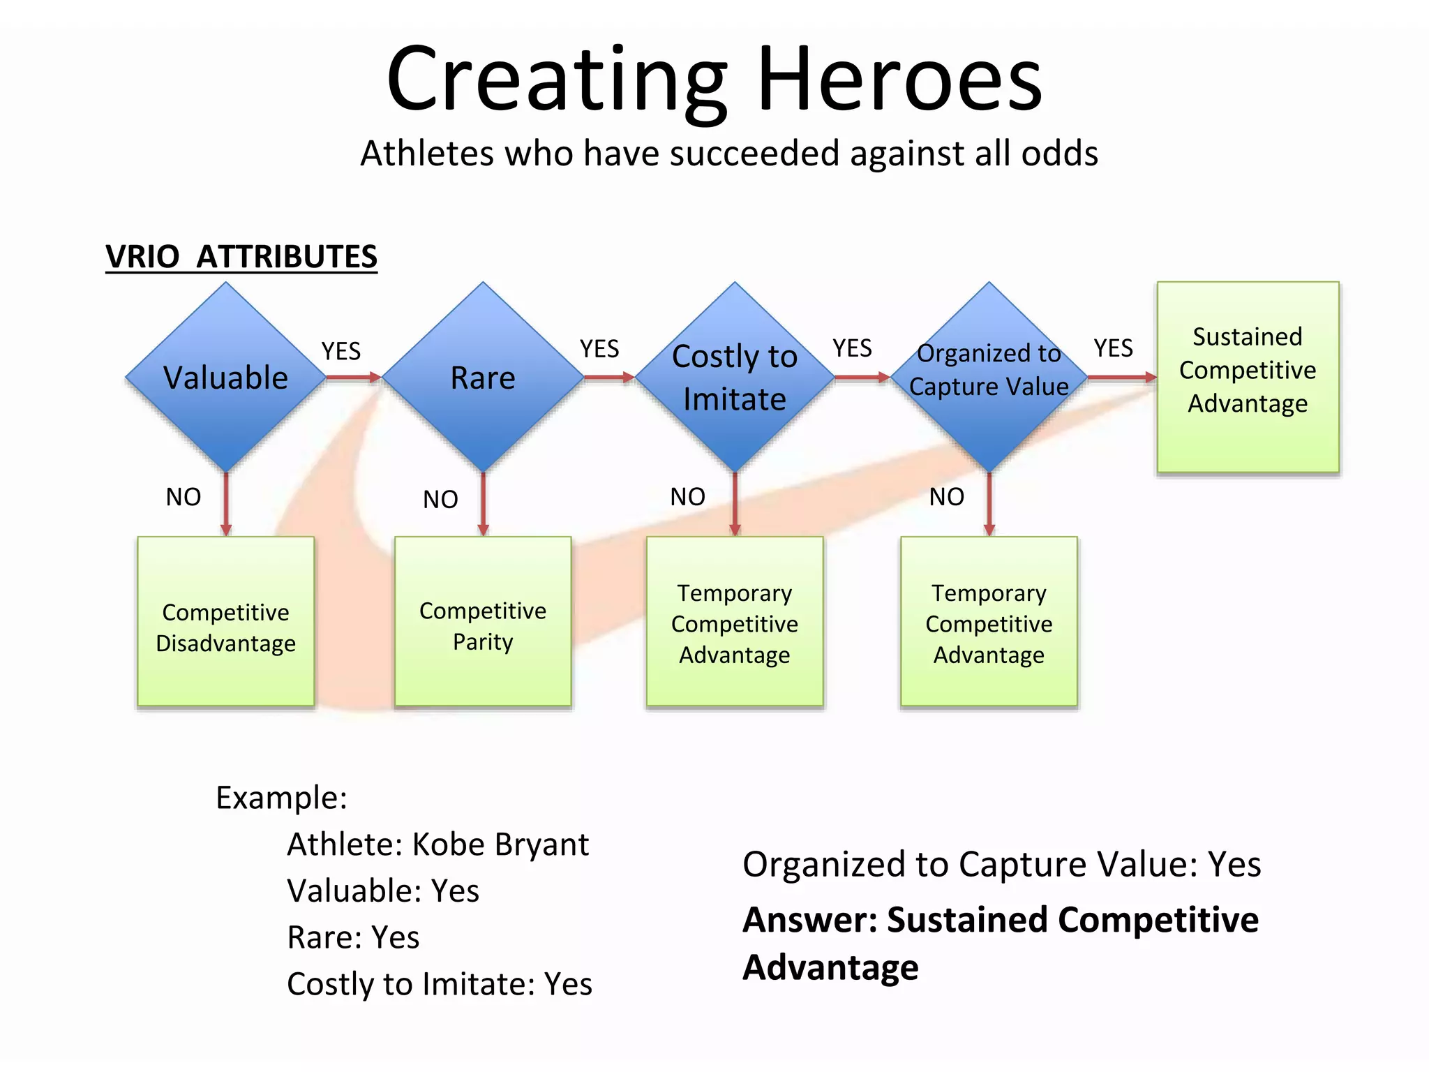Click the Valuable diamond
tap(225, 378)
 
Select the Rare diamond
tap(483, 378)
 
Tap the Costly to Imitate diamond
tap(735, 378)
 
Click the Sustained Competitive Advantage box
tap(1248, 377)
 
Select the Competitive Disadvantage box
tap(225, 621)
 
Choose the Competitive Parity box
tap(483, 621)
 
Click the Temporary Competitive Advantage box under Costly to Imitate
tap(735, 621)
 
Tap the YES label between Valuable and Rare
tap(341, 351)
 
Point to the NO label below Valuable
tap(184, 497)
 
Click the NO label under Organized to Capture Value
tap(947, 497)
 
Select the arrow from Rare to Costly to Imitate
tap(608, 378)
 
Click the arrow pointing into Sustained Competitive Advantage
tap(1121, 378)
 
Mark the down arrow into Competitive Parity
tap(483, 504)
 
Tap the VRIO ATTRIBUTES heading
tap(241, 257)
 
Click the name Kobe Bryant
tap(500, 844)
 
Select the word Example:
tap(281, 798)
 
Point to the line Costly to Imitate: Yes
tap(440, 984)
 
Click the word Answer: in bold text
tap(809, 920)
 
